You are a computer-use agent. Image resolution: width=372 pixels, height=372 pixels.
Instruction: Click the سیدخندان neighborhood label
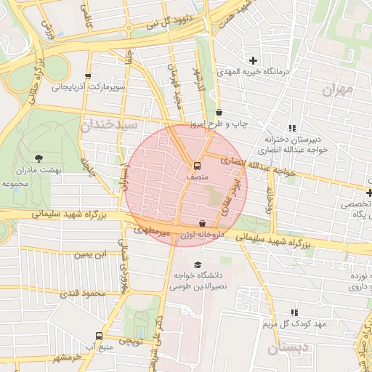pos(109,124)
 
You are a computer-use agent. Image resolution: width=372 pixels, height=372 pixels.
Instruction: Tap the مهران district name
pos(337,90)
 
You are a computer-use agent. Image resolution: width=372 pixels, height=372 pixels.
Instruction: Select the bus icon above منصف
pos(196,164)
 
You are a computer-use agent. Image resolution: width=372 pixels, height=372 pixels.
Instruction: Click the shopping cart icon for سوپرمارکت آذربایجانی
pos(88,76)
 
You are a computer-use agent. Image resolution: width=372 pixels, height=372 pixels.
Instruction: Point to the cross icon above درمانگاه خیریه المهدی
pos(253,60)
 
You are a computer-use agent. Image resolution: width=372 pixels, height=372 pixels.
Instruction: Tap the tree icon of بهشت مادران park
pos(39,158)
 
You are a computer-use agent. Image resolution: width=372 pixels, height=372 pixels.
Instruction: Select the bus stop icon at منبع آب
pos(99,336)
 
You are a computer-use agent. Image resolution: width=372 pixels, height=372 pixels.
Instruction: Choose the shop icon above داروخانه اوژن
pos(202,224)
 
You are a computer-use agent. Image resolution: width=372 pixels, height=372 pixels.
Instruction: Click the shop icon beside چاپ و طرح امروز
pos(219,112)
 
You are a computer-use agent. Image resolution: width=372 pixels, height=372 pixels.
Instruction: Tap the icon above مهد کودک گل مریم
pos(294,311)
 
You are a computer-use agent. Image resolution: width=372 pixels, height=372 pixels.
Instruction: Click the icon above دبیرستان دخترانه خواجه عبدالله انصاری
pos(292,128)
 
